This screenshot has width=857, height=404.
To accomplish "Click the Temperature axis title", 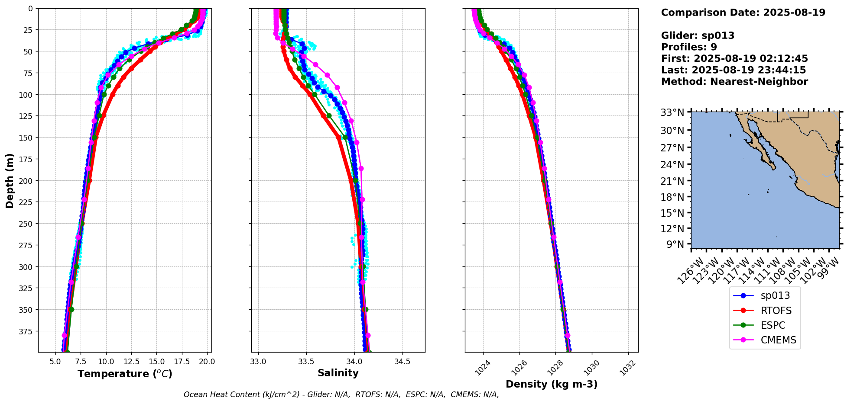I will pyautogui.click(x=125, y=374).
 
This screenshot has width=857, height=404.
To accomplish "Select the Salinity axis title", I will pyautogui.click(x=338, y=373).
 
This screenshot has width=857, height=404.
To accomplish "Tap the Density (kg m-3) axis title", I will pyautogui.click(x=552, y=384).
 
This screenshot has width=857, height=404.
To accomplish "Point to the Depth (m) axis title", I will pyautogui.click(x=10, y=180).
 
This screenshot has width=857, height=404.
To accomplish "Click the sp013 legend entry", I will pyautogui.click(x=775, y=296).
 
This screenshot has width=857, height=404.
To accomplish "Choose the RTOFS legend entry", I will pyautogui.click(x=776, y=311).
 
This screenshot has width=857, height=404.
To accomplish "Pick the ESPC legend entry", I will pyautogui.click(x=773, y=325).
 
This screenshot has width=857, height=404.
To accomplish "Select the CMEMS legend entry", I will pyautogui.click(x=778, y=340).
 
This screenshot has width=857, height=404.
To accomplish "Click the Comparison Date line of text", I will pyautogui.click(x=743, y=13).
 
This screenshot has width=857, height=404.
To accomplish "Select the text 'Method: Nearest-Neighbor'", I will pyautogui.click(x=734, y=82).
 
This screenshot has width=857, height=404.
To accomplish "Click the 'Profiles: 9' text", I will pyautogui.click(x=689, y=47).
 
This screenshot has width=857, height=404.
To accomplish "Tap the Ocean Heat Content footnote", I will pyautogui.click(x=341, y=394).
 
